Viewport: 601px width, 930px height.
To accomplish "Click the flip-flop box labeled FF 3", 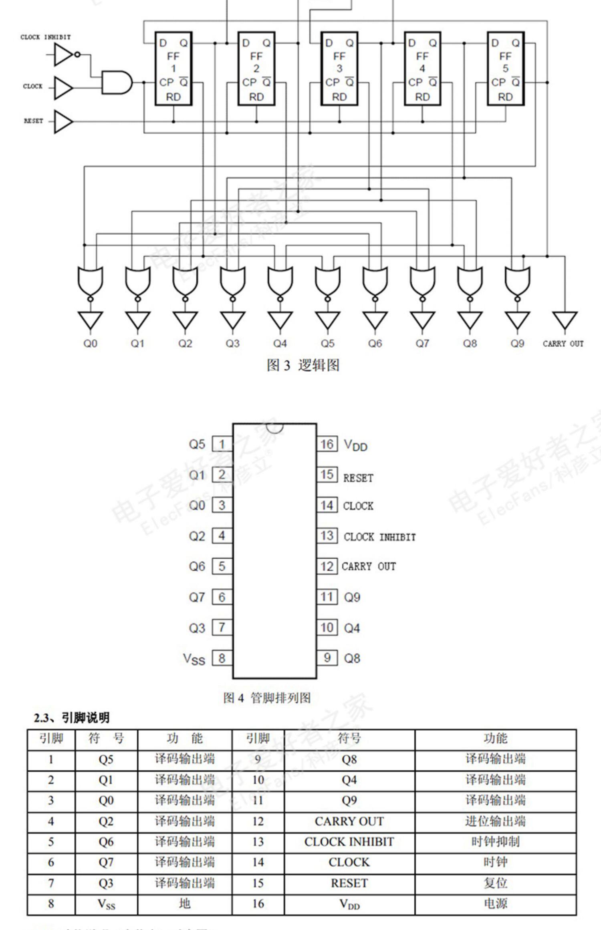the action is [339, 69].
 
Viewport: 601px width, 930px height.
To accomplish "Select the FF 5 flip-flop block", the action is [505, 69].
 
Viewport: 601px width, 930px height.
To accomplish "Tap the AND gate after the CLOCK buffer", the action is [116, 83].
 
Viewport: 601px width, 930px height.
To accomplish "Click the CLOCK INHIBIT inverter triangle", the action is [64, 54].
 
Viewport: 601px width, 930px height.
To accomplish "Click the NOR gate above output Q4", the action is [280, 280].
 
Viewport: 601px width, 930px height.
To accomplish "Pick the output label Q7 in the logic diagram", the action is [422, 343].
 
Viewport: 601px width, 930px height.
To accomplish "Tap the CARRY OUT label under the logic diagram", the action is [563, 344].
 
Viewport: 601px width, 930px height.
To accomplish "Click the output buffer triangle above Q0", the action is [90, 320].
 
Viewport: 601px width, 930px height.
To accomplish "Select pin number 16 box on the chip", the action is [327, 444].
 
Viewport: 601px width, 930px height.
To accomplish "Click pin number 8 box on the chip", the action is [222, 658].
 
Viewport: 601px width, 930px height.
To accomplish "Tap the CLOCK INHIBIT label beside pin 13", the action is [380, 537].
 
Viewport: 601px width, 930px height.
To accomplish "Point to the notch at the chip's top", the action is [275, 427].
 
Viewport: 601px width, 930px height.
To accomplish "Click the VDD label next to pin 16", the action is [356, 445].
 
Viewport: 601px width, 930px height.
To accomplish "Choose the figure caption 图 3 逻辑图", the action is [303, 365].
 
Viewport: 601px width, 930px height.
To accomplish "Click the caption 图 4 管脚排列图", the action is [267, 698].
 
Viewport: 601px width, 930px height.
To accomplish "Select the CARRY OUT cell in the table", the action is [349, 821].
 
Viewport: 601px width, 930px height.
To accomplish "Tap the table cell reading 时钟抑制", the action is [495, 842].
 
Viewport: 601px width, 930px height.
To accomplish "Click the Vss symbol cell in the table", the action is [106, 904].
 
